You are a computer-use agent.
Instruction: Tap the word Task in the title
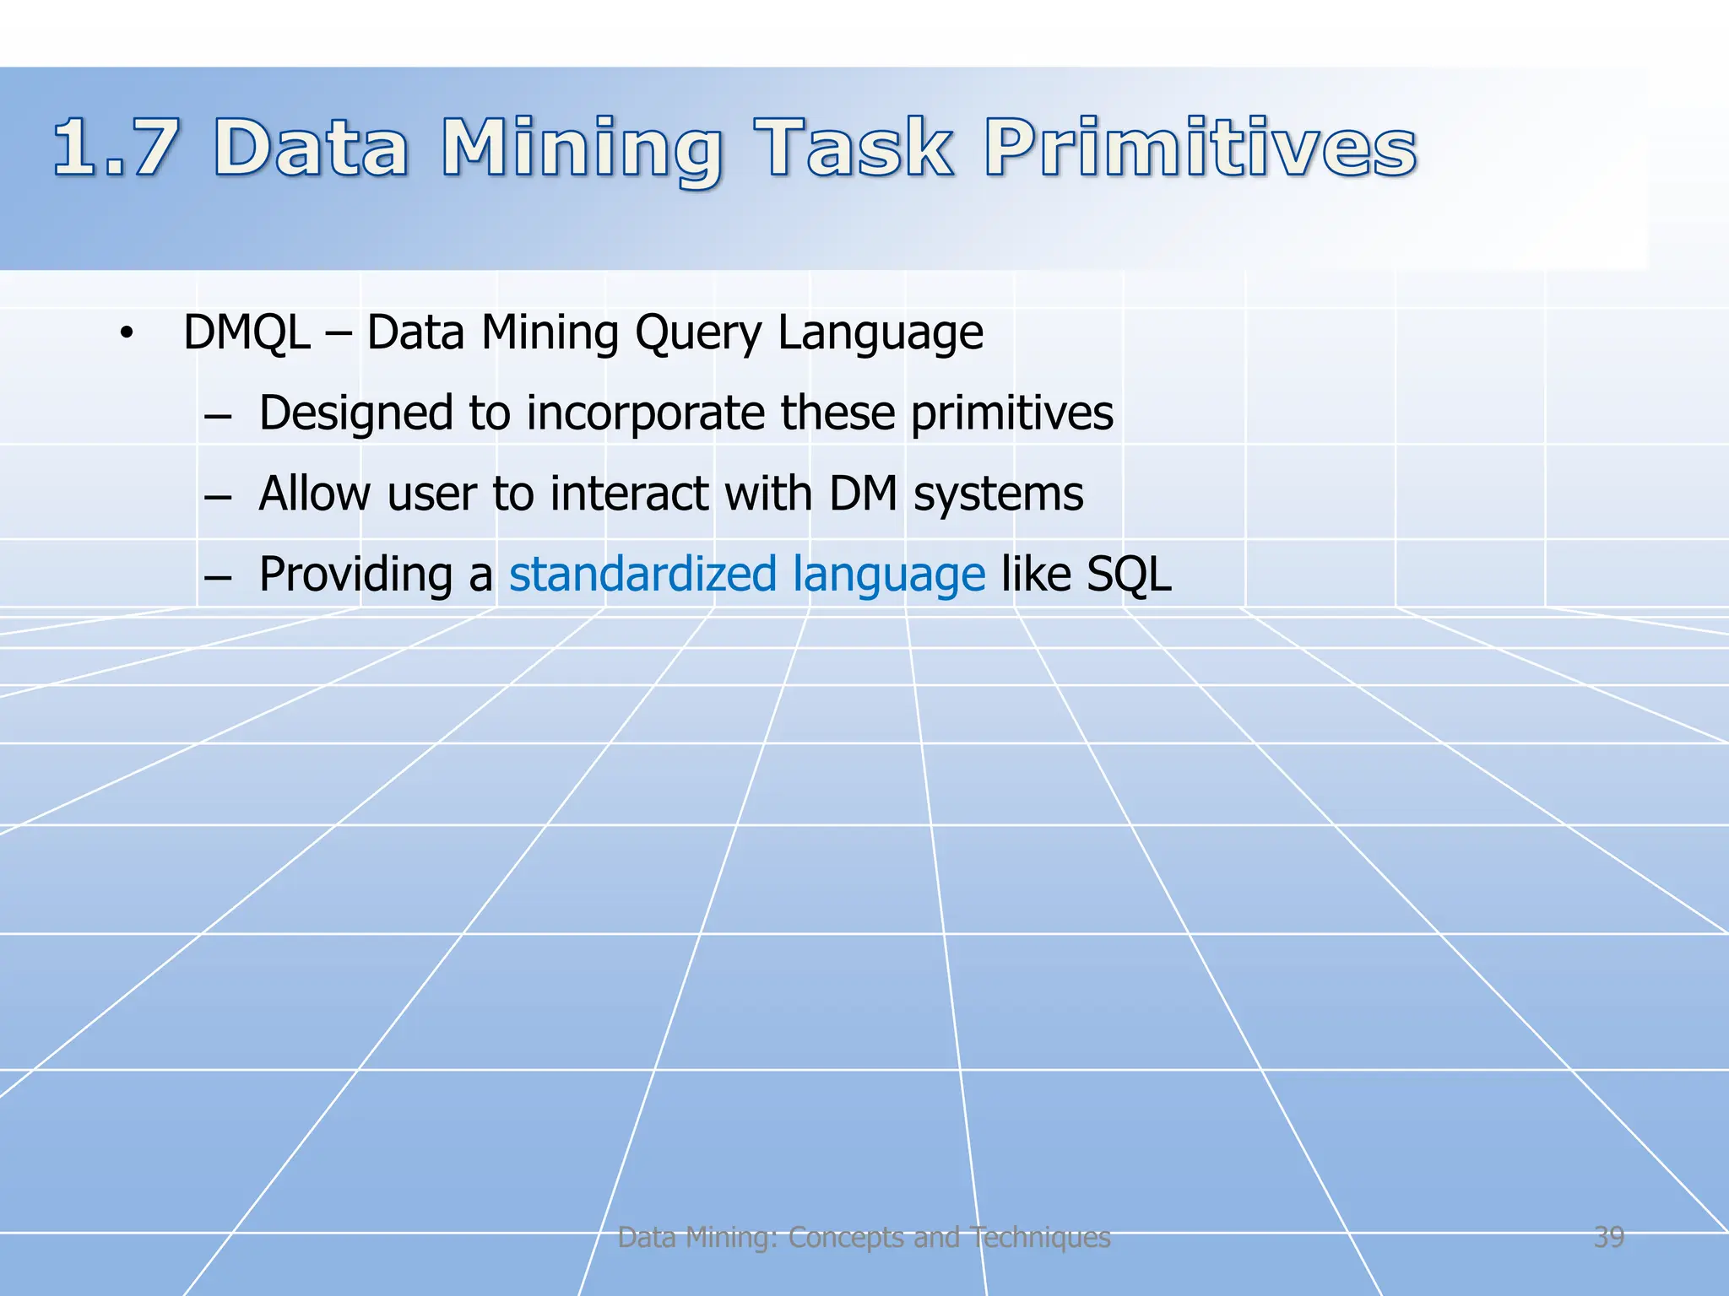pyautogui.click(x=854, y=148)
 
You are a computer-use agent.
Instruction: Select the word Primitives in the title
pyautogui.click(x=1200, y=148)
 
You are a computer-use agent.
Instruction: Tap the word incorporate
pyautogui.click(x=645, y=413)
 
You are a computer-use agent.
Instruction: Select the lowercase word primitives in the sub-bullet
pyautogui.click(x=1011, y=413)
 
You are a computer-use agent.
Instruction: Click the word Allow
pyautogui.click(x=315, y=494)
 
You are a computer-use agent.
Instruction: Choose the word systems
pyautogui.click(x=998, y=495)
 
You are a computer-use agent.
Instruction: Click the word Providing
pyautogui.click(x=355, y=575)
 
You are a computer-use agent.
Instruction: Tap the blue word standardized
pyautogui.click(x=642, y=574)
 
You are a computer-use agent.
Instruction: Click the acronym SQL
pyautogui.click(x=1129, y=575)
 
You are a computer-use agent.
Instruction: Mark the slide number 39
pyautogui.click(x=1608, y=1237)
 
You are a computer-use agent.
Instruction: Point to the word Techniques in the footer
pyautogui.click(x=1039, y=1238)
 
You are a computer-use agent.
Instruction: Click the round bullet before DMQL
pyautogui.click(x=127, y=334)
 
